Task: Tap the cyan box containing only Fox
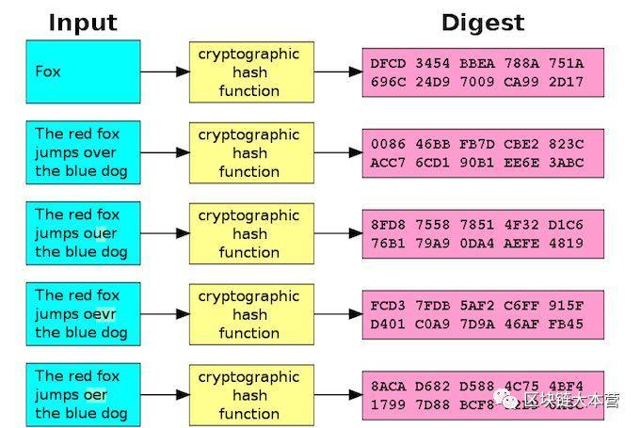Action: [x=84, y=71]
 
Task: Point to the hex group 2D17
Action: [x=565, y=82]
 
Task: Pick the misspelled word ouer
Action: [x=99, y=233]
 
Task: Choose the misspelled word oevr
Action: [x=99, y=314]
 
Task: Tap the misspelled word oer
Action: [x=95, y=395]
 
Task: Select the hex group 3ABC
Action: [x=565, y=162]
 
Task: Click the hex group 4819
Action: [x=565, y=243]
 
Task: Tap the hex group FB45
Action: [x=565, y=324]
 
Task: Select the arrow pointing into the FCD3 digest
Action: [x=337, y=314]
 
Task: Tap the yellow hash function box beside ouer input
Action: [x=249, y=233]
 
